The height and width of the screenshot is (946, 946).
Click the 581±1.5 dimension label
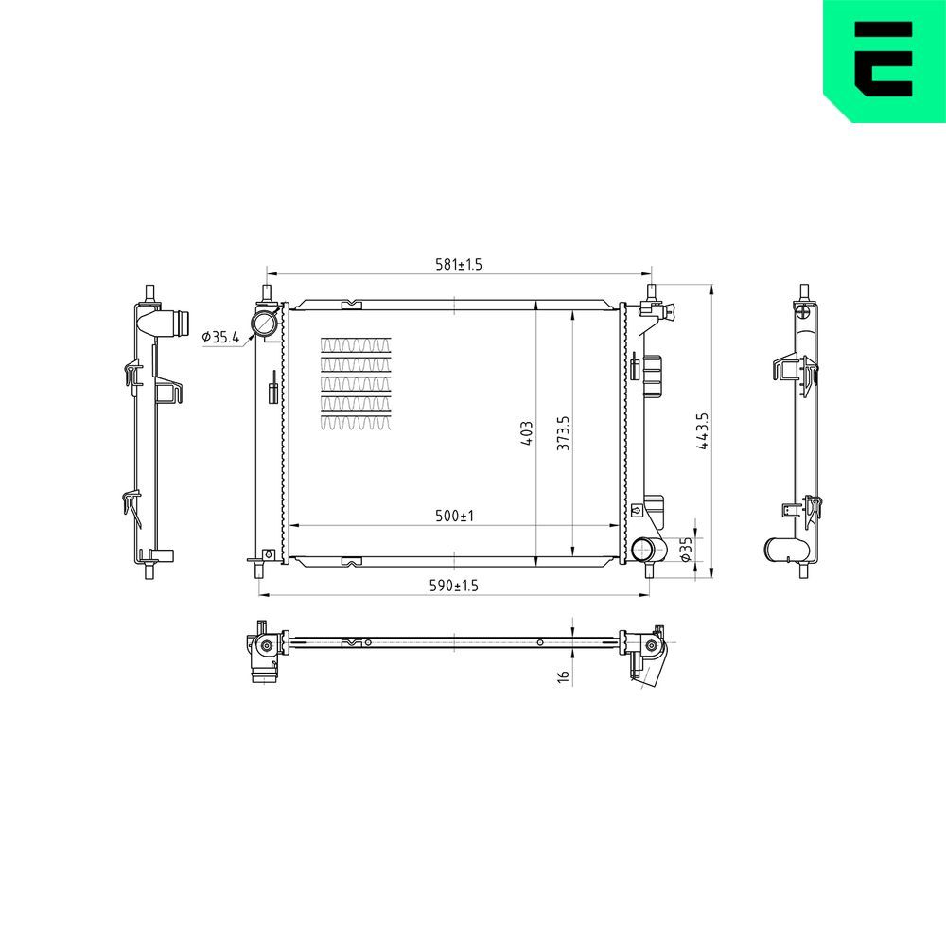pos(459,265)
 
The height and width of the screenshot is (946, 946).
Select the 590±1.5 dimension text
pos(454,587)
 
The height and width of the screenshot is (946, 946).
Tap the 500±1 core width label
pos(453,517)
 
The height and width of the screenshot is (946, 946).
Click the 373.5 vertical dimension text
pos(564,433)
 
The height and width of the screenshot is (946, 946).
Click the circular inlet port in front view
pos(264,324)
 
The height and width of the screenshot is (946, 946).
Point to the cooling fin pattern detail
pos(356,383)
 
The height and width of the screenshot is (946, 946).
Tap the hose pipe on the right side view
pos(784,548)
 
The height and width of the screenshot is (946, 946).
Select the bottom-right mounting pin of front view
pos(650,570)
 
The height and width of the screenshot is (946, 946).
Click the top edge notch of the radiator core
pos(350,304)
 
